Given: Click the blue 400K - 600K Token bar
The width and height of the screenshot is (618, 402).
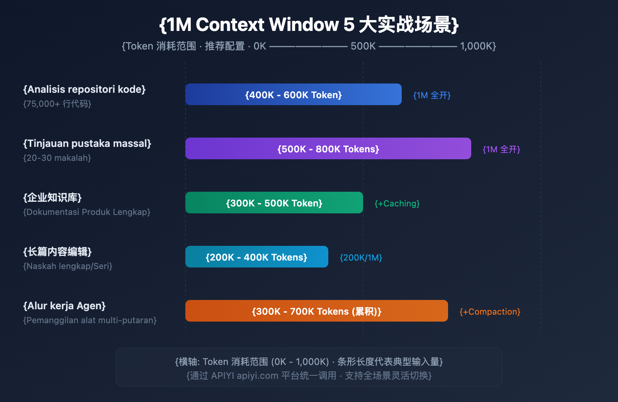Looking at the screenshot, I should [x=294, y=95].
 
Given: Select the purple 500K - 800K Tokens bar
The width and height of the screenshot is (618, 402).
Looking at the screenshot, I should [x=328, y=149].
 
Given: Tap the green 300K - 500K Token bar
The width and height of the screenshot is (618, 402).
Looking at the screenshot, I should [x=274, y=203].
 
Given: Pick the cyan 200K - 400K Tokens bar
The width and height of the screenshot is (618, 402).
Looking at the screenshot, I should [x=256, y=257].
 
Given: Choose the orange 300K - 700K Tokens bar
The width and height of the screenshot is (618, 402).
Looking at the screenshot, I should [x=317, y=311].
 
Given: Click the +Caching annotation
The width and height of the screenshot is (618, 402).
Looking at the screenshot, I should [x=397, y=203].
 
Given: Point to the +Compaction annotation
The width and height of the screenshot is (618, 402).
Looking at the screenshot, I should [x=490, y=312].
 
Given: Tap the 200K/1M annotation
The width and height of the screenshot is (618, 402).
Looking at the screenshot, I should [x=361, y=257].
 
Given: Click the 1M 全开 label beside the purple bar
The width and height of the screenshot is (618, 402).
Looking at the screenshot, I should [x=501, y=149].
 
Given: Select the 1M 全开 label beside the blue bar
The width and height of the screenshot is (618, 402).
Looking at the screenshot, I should [x=432, y=95].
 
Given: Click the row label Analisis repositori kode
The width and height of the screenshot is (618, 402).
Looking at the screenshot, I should [x=84, y=89].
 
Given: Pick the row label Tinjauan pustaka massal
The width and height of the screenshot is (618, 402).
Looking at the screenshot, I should [x=87, y=143].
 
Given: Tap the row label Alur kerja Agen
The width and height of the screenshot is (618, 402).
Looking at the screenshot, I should [x=64, y=306].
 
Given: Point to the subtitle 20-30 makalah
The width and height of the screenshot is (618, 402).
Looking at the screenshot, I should [x=57, y=158].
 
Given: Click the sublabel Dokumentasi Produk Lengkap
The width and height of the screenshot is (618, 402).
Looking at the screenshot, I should [x=87, y=212].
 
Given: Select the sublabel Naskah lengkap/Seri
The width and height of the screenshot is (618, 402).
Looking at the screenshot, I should [x=68, y=266].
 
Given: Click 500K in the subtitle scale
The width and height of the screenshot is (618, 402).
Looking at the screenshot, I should [x=363, y=46].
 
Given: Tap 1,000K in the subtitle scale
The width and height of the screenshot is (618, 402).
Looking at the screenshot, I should [x=476, y=46].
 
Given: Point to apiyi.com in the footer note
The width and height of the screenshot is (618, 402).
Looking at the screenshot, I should [x=257, y=375].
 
